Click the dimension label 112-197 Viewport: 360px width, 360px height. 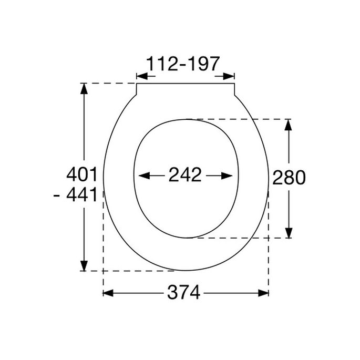pos(182,65)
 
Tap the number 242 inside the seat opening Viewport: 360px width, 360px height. pos(185,175)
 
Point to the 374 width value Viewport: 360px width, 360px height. pos(184,293)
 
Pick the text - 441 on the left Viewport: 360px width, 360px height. pos(76,196)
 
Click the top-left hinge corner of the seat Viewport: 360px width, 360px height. pos(137,84)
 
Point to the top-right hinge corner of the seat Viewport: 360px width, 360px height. pos(234,84)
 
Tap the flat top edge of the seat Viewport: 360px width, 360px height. pos(185,83)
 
